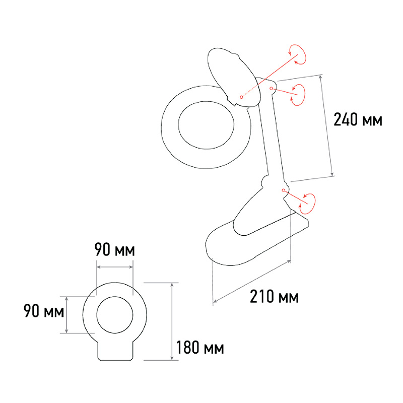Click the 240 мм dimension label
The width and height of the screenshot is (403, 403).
pos(358,119)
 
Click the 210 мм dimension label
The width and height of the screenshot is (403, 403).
pos(274,297)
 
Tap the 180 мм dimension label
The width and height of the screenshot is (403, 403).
pos(200,347)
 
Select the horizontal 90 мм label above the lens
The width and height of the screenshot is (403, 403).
pos(115,249)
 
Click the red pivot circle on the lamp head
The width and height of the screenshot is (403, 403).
pos(241,97)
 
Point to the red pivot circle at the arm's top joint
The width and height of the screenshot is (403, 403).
pos(271,89)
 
